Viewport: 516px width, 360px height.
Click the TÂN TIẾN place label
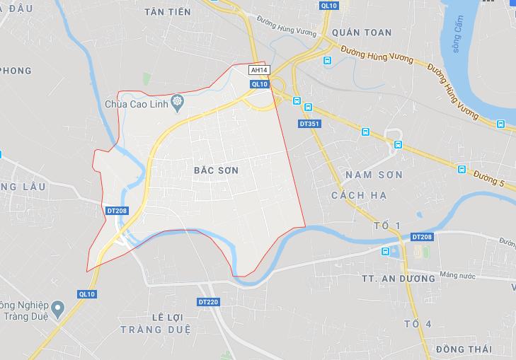tap(167, 12)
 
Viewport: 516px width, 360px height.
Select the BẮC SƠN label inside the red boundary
tap(216, 170)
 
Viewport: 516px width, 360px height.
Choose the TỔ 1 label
tap(389, 225)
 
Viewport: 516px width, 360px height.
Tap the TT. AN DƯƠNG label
tap(398, 279)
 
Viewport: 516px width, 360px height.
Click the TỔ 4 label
tap(418, 324)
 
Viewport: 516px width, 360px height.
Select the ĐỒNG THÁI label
tap(461, 349)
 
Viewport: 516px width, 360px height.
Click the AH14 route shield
tap(259, 71)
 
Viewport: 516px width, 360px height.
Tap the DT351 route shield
tap(310, 123)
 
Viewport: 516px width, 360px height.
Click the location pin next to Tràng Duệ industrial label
tap(58, 309)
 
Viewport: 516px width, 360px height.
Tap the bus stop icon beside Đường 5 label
tap(461, 170)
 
